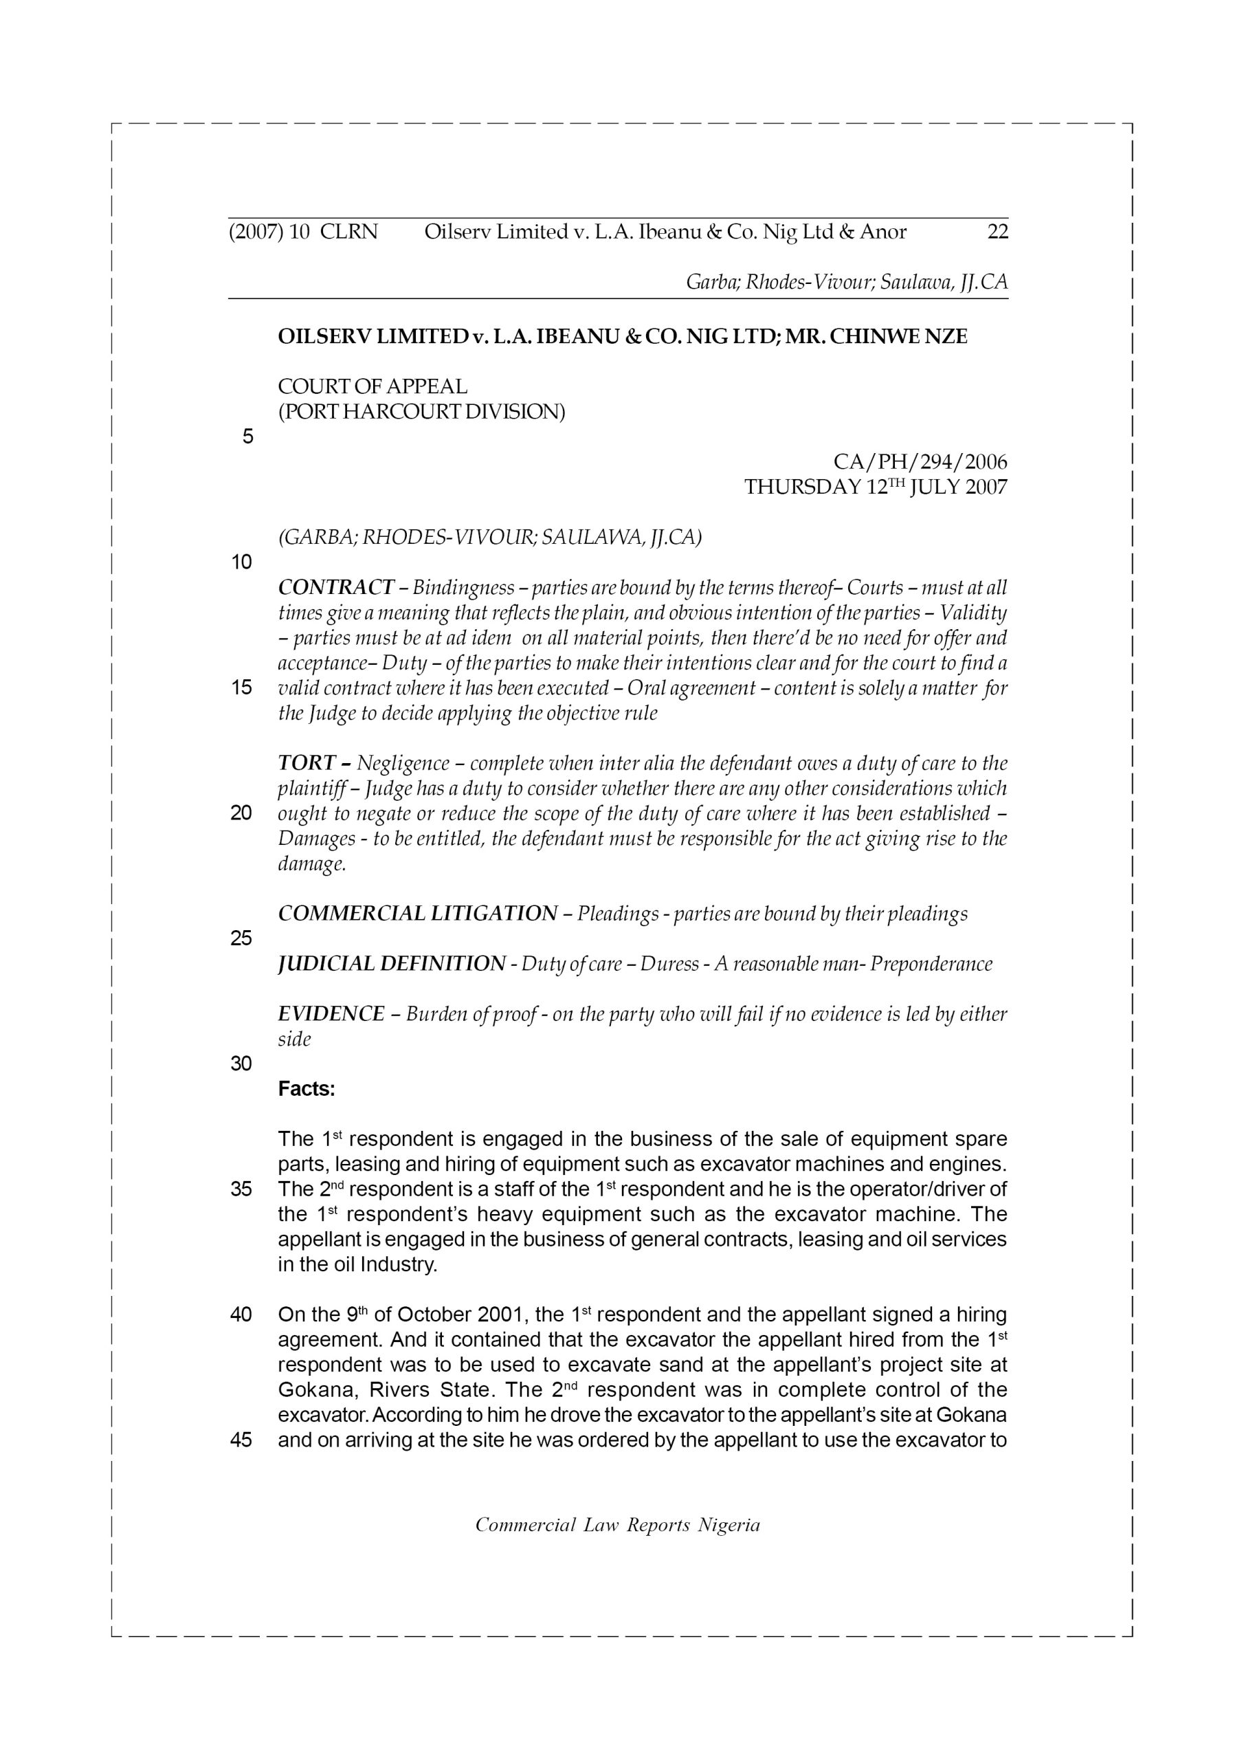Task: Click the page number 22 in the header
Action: tap(997, 232)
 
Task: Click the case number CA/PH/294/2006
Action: tap(920, 461)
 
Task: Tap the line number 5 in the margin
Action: tap(247, 437)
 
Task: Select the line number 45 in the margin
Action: tap(241, 1440)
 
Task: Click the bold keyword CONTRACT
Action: tap(335, 588)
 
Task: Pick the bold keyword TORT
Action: tap(307, 764)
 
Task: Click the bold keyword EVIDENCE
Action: tap(331, 1014)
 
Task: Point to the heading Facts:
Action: tap(307, 1088)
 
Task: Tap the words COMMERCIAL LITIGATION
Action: tap(418, 914)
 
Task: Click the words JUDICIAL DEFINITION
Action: tap(392, 964)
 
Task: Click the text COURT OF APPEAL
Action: tap(373, 386)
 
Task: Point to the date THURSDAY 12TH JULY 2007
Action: tap(876, 487)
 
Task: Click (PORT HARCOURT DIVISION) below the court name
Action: tap(421, 412)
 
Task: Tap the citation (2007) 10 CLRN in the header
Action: tap(304, 232)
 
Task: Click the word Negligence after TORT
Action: tap(403, 764)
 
